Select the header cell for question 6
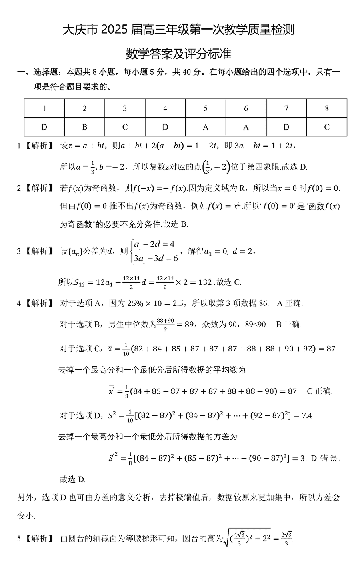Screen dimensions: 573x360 click(246, 108)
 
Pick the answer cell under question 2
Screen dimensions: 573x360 click(84, 127)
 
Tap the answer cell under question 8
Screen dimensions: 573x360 click(326, 127)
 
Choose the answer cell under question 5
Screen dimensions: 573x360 click(206, 127)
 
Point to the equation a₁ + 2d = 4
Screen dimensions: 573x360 click(154, 244)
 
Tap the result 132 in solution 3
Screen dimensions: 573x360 click(205, 282)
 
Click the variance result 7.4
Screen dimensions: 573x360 click(307, 415)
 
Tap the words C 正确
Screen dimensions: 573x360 click(319, 391)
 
